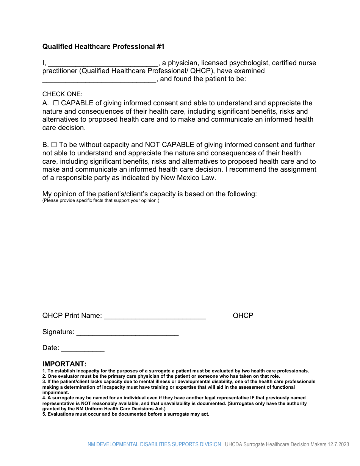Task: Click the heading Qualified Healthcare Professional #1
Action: pyautogui.click(x=103, y=47)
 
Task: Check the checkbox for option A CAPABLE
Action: pyautogui.click(x=56, y=103)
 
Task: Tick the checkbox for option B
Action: pyautogui.click(x=54, y=145)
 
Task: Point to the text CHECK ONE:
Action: pyautogui.click(x=62, y=94)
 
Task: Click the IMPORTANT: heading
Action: pyautogui.click(x=64, y=364)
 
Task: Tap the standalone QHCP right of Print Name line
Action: pyautogui.click(x=243, y=316)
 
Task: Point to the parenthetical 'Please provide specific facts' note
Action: pyautogui.click(x=101, y=200)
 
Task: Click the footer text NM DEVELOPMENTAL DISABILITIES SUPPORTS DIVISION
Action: pyautogui.click(x=154, y=444)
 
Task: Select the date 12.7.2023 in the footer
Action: pyautogui.click(x=339, y=444)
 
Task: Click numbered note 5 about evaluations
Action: pyautogui.click(x=126, y=414)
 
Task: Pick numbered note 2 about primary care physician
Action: pyautogui.click(x=161, y=376)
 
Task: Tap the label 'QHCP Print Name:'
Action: pyautogui.click(x=72, y=316)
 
